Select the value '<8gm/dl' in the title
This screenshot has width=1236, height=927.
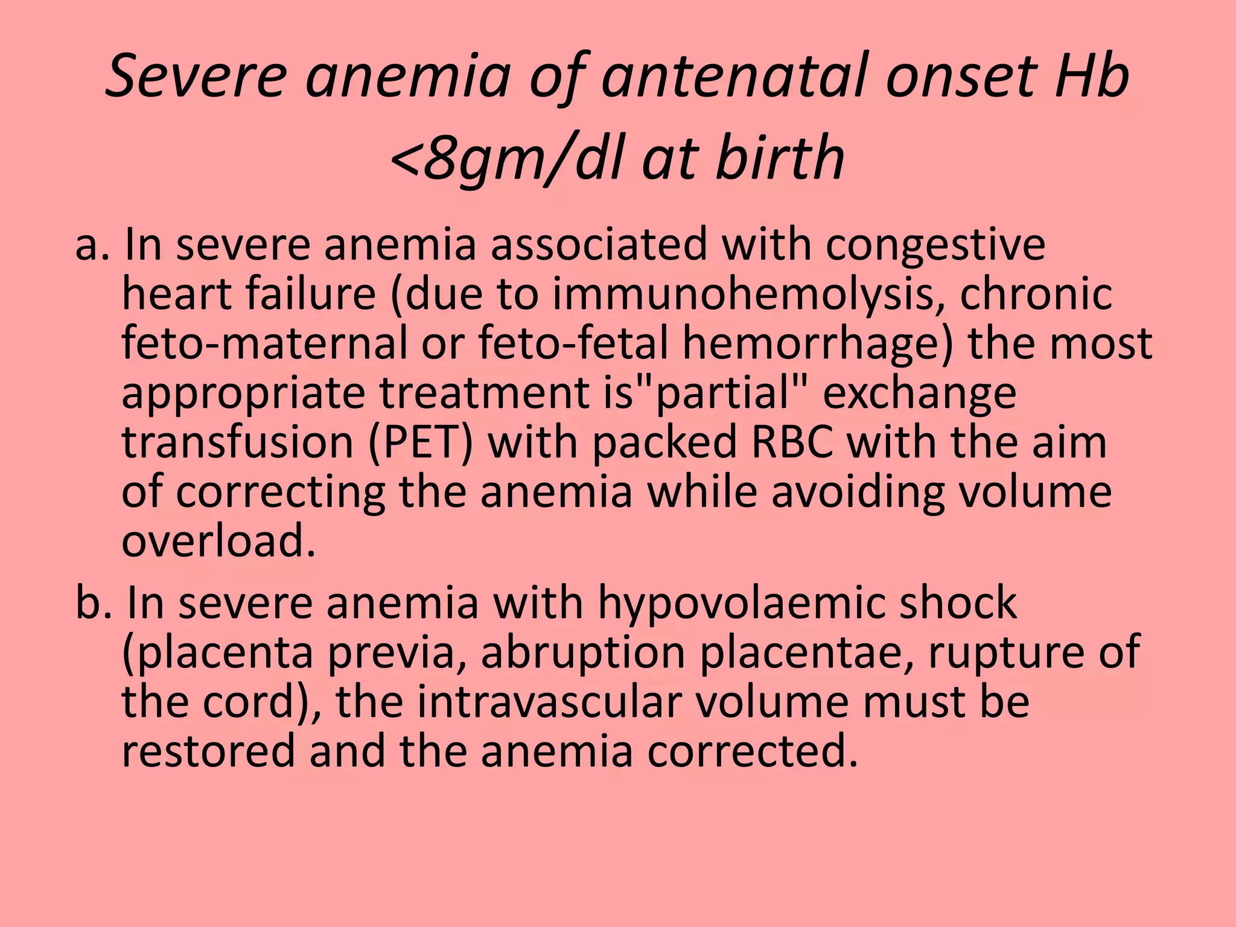[x=507, y=159]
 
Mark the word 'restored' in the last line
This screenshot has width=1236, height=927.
[x=208, y=752]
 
